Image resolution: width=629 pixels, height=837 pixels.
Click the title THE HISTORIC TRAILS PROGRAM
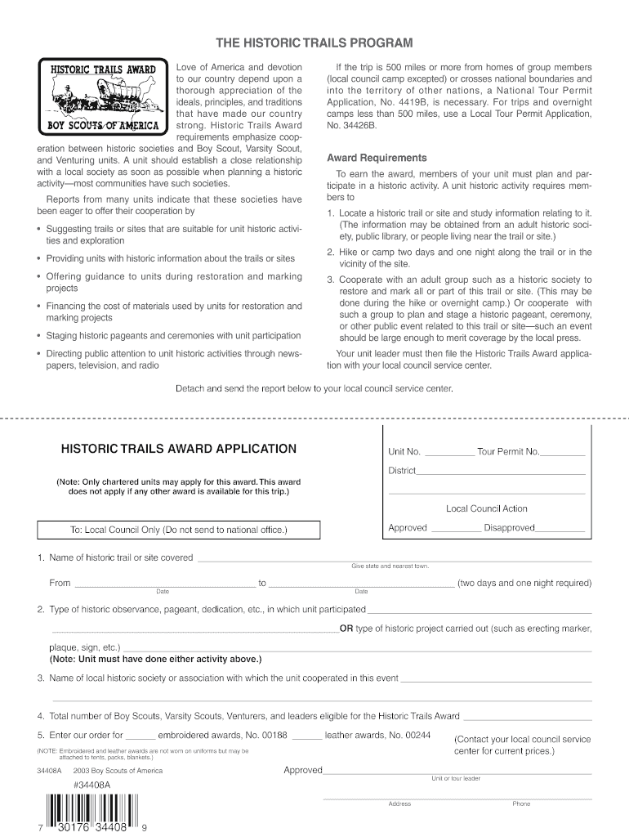coord(314,43)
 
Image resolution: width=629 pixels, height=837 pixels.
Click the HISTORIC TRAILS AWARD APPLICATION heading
coord(179,449)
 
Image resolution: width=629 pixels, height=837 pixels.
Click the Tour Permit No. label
coord(508,451)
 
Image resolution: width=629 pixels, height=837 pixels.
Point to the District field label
coord(401,471)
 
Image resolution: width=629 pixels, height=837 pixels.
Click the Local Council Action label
coord(486,508)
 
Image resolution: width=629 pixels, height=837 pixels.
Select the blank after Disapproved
coord(560,530)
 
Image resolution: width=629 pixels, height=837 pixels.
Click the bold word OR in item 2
coord(346,629)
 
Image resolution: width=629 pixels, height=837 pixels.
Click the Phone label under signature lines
coord(521,803)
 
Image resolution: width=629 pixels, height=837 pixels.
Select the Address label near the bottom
coord(399,803)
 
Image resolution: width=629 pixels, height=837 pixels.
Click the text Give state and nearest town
coord(390,566)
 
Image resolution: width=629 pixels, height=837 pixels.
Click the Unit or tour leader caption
coord(456,778)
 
